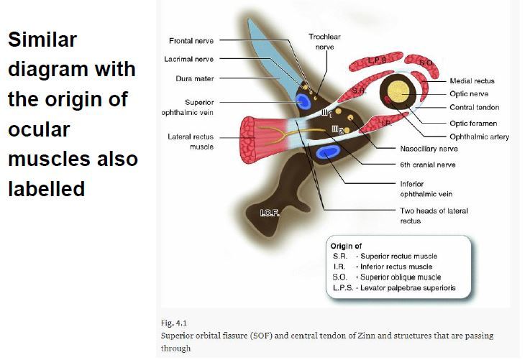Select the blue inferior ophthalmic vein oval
[x=329, y=152]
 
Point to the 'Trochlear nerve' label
[x=325, y=41]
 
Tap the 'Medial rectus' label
[x=472, y=81]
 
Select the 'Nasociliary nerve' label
[x=429, y=149]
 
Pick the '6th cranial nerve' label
[x=428, y=165]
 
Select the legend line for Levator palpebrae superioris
[x=393, y=288]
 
